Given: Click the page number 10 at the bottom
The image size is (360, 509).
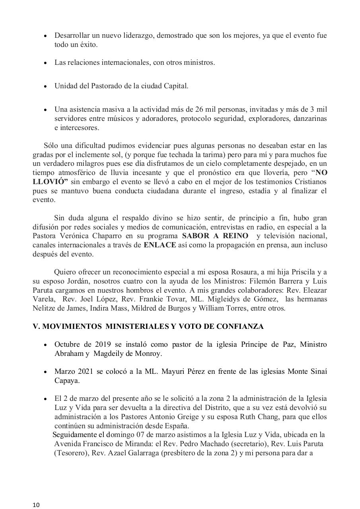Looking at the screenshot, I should pyautogui.click(x=36, y=505).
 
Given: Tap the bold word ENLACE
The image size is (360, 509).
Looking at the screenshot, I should pyautogui.click(x=160, y=245).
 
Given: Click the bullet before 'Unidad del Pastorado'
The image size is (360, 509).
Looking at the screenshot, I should pyautogui.click(x=46, y=86).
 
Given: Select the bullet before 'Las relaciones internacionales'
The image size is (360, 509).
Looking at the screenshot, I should pyautogui.click(x=46, y=63).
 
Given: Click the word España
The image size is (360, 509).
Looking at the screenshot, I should pyautogui.click(x=176, y=425).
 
